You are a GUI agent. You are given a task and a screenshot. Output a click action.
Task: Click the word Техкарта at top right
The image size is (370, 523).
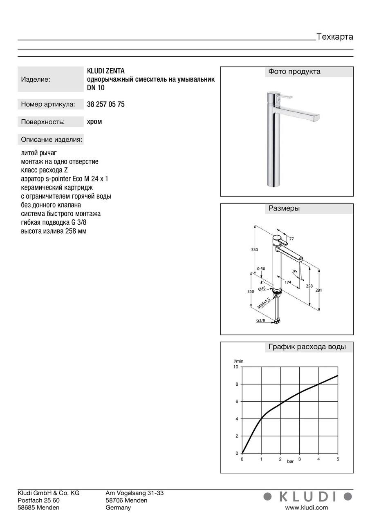coord(334,37)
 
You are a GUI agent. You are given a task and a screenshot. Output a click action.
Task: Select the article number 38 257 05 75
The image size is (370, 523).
coord(106,104)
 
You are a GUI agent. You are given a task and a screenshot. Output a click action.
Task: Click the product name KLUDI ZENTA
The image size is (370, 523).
coord(106,71)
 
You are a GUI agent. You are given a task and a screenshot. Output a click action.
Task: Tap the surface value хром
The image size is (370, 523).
coord(94,121)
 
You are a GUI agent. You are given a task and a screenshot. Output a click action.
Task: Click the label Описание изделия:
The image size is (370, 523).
coord(52,140)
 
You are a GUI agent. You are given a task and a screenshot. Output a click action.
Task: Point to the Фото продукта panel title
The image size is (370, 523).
coord(294,72)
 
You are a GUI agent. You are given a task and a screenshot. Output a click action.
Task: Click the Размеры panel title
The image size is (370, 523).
coord(284,208)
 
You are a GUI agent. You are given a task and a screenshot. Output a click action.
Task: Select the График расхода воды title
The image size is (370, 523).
coord(307,347)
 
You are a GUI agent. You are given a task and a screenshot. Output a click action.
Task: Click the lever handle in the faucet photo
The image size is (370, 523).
coord(287,96)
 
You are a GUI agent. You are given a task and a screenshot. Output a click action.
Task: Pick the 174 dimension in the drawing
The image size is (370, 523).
coord(287,282)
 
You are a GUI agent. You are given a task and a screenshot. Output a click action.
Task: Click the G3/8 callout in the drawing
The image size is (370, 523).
coord(261,320)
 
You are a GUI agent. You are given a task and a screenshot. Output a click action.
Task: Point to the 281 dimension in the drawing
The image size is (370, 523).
coord(319,290)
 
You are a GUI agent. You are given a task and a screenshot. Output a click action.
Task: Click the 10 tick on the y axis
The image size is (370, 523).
coord(235,367)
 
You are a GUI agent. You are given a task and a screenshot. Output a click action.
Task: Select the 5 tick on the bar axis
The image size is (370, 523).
coord(337,459)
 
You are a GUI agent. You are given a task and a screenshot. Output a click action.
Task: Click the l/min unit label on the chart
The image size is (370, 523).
coord(238,361)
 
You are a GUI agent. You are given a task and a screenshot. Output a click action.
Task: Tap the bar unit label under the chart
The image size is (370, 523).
coord(290,461)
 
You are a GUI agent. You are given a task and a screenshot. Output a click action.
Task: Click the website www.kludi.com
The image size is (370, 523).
coord(306,507)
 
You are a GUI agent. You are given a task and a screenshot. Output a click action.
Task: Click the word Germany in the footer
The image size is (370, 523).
coord(118,507)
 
